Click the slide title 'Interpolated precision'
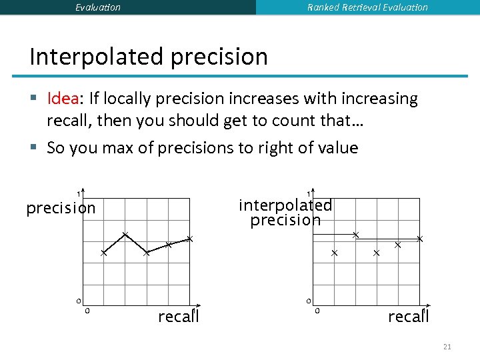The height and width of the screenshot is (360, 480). click(148, 57)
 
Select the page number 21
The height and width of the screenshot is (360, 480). click(447, 347)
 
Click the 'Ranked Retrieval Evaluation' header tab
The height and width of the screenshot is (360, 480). click(367, 7)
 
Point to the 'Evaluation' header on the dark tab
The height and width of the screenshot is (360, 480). click(98, 7)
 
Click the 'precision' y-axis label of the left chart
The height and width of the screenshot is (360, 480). click(61, 208)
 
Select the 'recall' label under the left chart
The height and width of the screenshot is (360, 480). click(178, 316)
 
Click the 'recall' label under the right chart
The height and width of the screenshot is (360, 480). click(408, 316)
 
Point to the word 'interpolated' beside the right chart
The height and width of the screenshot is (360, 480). click(285, 205)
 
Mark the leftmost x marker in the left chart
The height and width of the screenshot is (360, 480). click(104, 253)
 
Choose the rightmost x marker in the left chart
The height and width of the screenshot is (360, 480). click(189, 239)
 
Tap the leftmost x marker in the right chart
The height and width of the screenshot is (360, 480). click(335, 253)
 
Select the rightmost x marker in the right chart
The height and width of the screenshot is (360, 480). click(419, 239)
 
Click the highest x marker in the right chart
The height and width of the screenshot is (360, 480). click(355, 235)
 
